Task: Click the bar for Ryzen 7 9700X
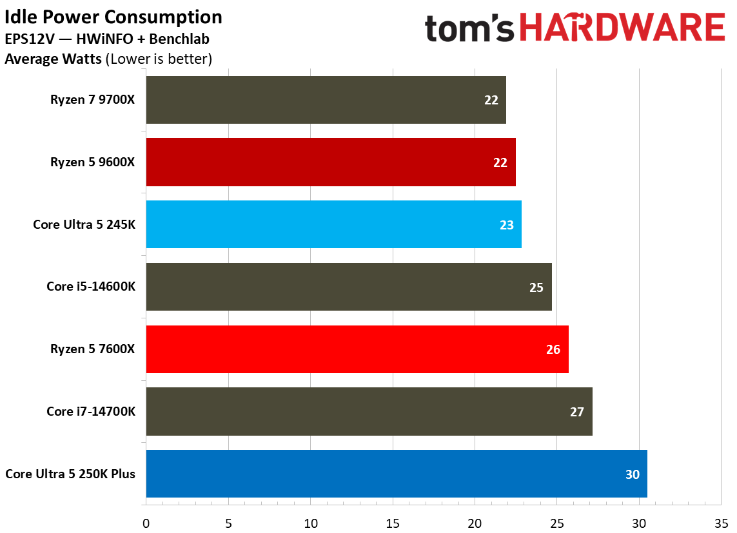tap(326, 100)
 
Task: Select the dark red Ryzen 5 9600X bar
tap(331, 162)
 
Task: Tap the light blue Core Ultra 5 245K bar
tap(333, 224)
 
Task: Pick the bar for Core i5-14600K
tap(349, 287)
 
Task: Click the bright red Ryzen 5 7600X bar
tap(357, 349)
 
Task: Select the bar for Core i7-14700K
tap(369, 411)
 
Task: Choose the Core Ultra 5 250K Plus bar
tap(397, 474)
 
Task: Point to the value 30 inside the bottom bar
tap(632, 474)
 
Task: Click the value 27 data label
tap(576, 412)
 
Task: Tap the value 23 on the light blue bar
tap(506, 225)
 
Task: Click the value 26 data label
tap(553, 349)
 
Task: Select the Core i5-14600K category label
tap(91, 287)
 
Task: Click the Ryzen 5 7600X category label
tap(93, 349)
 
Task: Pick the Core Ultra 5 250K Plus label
tap(70, 474)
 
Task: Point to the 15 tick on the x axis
tap(393, 522)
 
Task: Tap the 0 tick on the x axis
tap(146, 522)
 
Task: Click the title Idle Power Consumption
tap(113, 17)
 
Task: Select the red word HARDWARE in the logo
tap(622, 28)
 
